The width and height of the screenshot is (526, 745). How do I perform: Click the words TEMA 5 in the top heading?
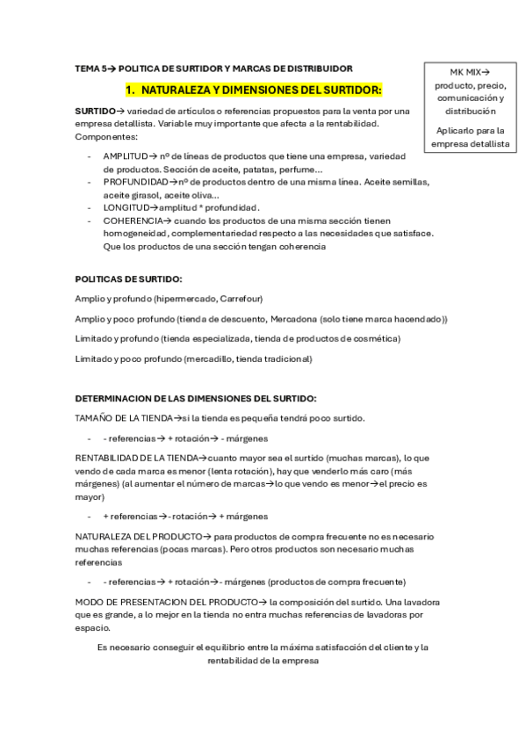89,68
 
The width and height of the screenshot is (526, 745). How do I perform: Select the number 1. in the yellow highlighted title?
131,90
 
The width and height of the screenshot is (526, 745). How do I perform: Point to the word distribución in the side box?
470,112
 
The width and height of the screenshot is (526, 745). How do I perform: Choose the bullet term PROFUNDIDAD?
134,182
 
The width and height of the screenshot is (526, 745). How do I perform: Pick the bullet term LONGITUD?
124,207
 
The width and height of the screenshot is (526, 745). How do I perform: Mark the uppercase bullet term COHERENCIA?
131,221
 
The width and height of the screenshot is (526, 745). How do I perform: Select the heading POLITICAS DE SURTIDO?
128,278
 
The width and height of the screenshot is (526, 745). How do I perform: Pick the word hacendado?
416,319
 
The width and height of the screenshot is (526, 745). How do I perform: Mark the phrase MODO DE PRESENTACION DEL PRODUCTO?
168,602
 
